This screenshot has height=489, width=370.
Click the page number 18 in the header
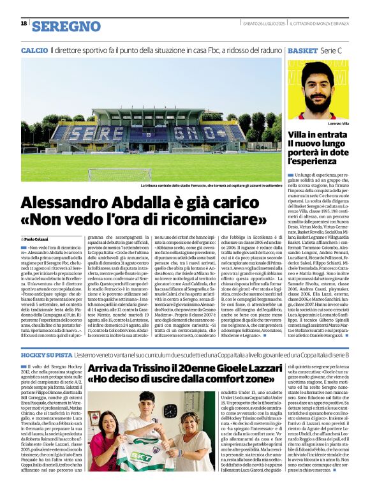(x=24, y=24)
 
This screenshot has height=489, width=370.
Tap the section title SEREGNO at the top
(x=66, y=26)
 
